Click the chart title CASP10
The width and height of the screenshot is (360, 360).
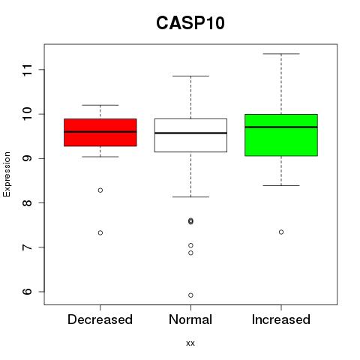190,23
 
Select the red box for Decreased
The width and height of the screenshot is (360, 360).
100,132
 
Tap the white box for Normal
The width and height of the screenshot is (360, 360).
190,135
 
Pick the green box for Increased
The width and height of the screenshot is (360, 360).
281,135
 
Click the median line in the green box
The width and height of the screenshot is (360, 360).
281,127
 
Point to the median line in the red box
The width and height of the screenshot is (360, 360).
100,131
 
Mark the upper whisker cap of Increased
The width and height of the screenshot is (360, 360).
281,54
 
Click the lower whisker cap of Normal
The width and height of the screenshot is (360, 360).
190,197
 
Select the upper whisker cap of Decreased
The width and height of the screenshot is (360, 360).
100,105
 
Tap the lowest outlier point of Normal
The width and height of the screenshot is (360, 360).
190,295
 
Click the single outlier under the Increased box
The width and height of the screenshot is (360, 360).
281,232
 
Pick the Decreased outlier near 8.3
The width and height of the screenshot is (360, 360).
100,190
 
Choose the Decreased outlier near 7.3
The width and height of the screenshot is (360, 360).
100,232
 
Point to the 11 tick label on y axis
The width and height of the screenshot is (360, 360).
28,70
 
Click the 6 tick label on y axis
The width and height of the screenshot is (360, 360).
28,292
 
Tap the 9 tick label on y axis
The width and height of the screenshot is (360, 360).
28,158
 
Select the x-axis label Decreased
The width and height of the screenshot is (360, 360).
100,319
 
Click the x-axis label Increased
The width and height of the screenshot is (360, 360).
281,319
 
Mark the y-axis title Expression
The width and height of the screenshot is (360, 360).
7,174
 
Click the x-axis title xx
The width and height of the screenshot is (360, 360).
190,343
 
